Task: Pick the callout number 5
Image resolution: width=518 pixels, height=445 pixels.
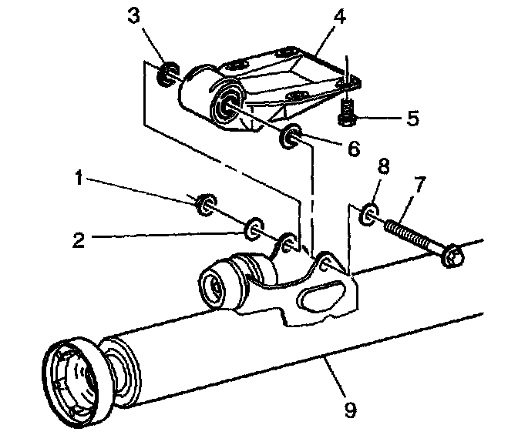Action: point(413,119)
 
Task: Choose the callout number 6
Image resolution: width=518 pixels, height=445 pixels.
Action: point(353,148)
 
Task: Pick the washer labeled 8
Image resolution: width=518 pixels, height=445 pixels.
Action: point(368,213)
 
